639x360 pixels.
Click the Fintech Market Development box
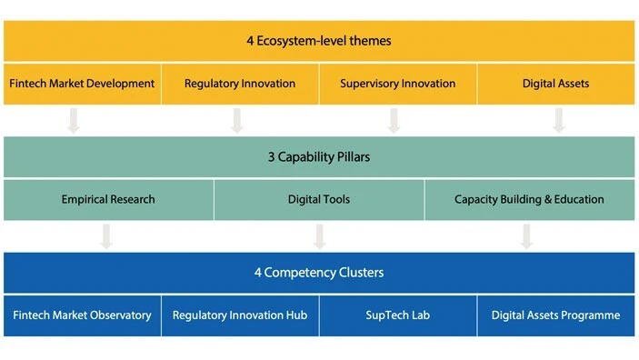pos(82,84)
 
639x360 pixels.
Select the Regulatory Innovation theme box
pos(240,84)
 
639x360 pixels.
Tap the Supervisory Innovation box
pos(397,84)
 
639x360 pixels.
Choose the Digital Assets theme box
pos(555,84)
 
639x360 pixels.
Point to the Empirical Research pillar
pos(108,199)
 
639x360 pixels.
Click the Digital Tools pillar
pos(319,199)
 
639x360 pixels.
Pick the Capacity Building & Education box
pos(529,199)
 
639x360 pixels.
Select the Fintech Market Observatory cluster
pos(82,315)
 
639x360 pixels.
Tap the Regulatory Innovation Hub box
pos(240,315)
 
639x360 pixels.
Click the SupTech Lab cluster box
pos(397,315)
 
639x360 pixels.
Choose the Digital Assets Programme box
pos(555,315)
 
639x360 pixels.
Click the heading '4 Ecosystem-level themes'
pos(319,41)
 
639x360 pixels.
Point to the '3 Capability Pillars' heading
pos(319,156)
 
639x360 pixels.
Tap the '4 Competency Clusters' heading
pos(319,272)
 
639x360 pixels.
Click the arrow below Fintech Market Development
pos(74,120)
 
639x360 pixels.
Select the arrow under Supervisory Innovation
pos(394,120)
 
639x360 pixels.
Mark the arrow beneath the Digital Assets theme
pos(558,120)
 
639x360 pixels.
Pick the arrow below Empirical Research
pos(106,235)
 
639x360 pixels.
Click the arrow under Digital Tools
pos(319,235)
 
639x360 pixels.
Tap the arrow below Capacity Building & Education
pos(526,235)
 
